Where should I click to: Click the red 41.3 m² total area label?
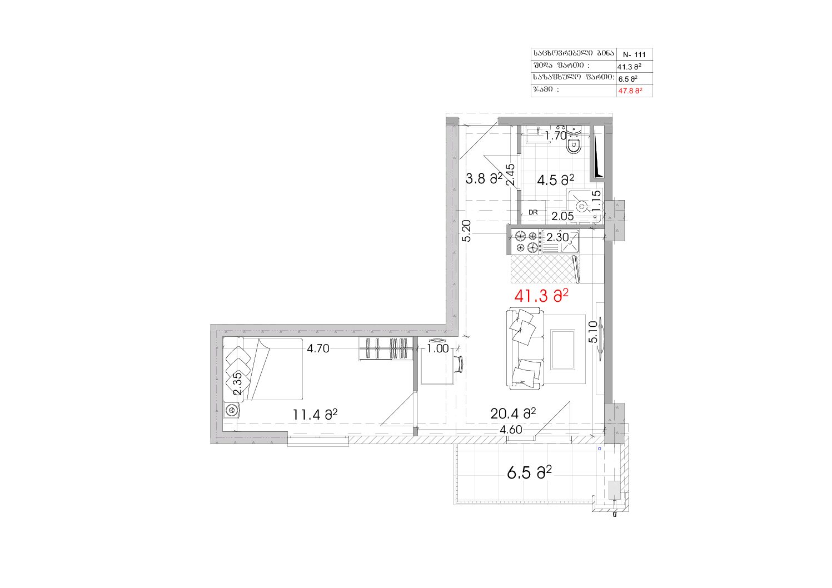tap(541, 296)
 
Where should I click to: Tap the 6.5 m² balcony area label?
tap(529, 473)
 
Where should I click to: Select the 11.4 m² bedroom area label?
tap(315, 414)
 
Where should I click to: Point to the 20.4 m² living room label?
tap(513, 413)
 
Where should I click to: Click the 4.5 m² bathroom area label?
tap(556, 180)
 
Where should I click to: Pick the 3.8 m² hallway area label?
tap(484, 178)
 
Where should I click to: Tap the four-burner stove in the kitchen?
tap(526, 241)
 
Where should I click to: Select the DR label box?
tap(533, 212)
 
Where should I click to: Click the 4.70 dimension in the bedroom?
tap(318, 348)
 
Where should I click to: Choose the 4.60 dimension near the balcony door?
tap(511, 430)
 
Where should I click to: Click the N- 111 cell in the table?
tap(634, 54)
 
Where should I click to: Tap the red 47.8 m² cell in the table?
tap(630, 91)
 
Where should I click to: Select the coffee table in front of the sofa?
tap(563, 350)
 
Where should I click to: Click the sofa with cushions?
tap(525, 348)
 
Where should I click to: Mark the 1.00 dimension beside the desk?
tap(438, 348)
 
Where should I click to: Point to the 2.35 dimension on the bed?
tap(237, 383)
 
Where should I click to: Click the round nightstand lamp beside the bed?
tap(232, 411)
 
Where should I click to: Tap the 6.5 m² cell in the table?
tap(628, 79)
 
